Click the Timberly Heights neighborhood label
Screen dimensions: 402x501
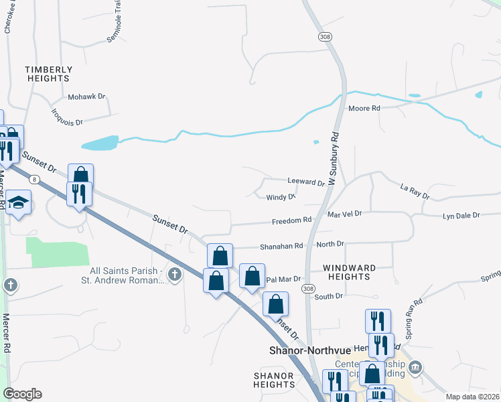[48, 74]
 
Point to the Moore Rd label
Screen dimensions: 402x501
[364, 108]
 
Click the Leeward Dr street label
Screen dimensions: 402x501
[306, 182]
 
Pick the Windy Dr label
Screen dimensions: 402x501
[281, 197]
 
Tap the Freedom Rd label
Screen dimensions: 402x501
[291, 220]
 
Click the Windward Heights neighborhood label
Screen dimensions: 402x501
[349, 273]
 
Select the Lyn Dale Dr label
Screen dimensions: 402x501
[461, 216]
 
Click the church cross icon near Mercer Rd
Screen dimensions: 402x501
[10, 285]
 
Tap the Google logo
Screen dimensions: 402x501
[22, 394]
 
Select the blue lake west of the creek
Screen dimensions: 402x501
[99, 143]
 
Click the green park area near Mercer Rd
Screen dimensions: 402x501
[57, 251]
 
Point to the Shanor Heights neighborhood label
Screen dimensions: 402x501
[274, 380]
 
